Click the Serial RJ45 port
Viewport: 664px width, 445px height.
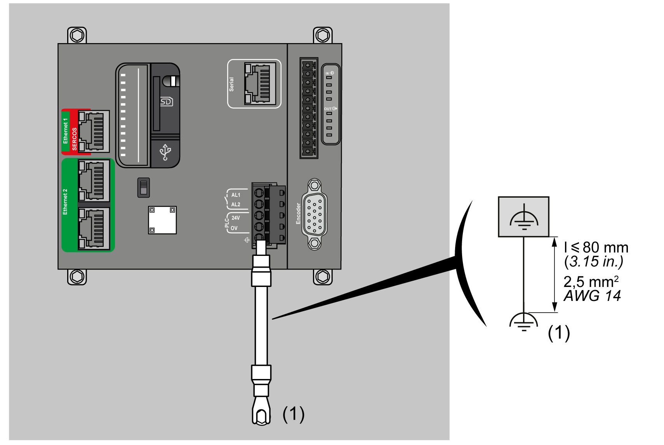click(x=257, y=84)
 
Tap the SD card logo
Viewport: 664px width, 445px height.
click(x=166, y=102)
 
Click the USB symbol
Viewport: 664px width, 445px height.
click(x=165, y=152)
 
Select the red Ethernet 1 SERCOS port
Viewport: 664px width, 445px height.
click(x=94, y=131)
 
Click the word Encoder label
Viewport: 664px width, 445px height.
click(x=298, y=214)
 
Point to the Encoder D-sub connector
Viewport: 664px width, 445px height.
click(x=315, y=214)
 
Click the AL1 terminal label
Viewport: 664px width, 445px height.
click(x=236, y=195)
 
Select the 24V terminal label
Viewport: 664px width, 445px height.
click(x=236, y=218)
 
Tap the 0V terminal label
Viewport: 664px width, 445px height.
click(x=234, y=228)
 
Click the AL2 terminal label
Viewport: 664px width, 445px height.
click(x=236, y=204)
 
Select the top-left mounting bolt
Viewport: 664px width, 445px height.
click(x=77, y=36)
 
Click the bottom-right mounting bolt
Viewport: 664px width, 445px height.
click(x=323, y=277)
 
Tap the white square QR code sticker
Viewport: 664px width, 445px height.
click(x=162, y=220)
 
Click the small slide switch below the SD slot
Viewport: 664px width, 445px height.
click(x=144, y=188)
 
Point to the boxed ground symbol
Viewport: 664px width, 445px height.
click(x=524, y=217)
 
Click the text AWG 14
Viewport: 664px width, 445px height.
click(x=592, y=296)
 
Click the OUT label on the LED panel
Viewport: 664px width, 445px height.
click(x=329, y=109)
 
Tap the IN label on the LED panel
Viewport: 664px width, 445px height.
click(x=327, y=73)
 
